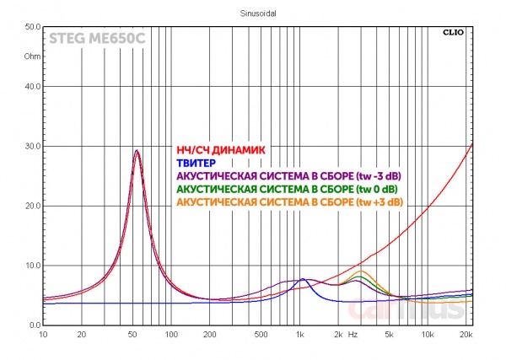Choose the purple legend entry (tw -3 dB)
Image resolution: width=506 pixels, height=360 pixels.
pyautogui.click(x=289, y=175)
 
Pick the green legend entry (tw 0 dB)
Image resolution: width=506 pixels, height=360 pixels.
pyautogui.click(x=288, y=189)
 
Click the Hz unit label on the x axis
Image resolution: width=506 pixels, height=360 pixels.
pyautogui.click(x=353, y=335)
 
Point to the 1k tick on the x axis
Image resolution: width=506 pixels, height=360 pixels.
pyautogui.click(x=299, y=335)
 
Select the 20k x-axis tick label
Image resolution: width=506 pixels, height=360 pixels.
pyautogui.click(x=466, y=335)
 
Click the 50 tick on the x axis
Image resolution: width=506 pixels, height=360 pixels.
pyautogui.click(x=132, y=335)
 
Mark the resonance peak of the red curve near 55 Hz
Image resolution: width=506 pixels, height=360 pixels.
pyautogui.click(x=137, y=151)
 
